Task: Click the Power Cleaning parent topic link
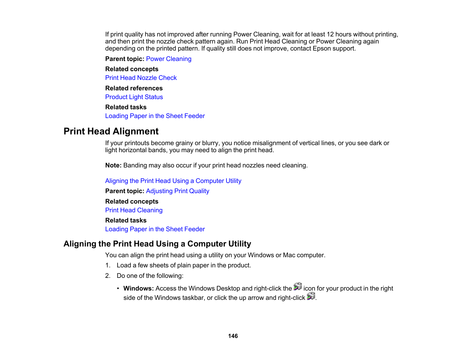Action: [169, 59]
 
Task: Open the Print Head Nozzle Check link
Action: [141, 78]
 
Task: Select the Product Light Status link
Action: [134, 97]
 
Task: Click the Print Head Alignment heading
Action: [111, 131]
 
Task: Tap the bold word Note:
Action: [113, 165]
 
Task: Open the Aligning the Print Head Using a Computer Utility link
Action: [173, 181]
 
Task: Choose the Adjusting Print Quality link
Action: [177, 191]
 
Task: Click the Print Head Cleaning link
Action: [134, 210]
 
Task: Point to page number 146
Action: [233, 336]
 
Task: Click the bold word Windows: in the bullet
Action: [138, 289]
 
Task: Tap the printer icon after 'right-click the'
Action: [298, 287]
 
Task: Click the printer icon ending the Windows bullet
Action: [311, 296]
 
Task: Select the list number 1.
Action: [108, 265]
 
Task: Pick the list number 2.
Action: [108, 276]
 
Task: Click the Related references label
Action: [134, 88]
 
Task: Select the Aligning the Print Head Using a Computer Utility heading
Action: [157, 244]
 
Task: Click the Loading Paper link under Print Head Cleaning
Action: [155, 229]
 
